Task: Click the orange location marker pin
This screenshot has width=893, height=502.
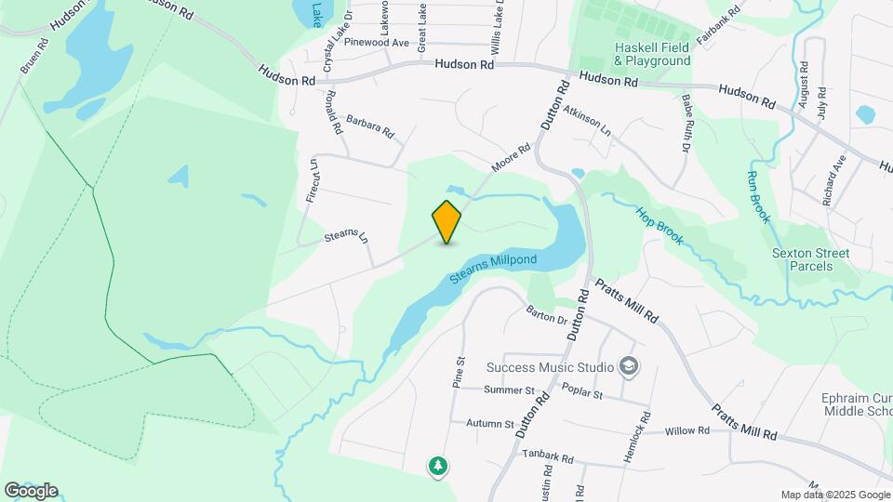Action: pos(446,222)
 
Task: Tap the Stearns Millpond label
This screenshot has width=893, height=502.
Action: pos(493,269)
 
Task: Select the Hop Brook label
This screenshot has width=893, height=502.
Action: pos(660,226)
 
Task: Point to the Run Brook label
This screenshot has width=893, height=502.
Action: pos(759,196)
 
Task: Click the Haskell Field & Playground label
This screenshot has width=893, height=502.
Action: pos(652,54)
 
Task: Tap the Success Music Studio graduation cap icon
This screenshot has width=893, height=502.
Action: pos(629,365)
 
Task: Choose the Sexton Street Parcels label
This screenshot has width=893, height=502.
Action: pos(810,259)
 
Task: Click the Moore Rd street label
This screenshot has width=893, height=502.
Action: pos(511,158)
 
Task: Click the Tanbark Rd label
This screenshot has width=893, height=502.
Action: pos(548,458)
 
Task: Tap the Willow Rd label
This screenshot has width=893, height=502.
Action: pos(688,431)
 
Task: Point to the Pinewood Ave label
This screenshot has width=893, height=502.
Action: pos(377,43)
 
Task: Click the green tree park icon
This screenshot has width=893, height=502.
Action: pos(437,465)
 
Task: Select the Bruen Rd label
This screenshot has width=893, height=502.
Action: pos(33,57)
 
